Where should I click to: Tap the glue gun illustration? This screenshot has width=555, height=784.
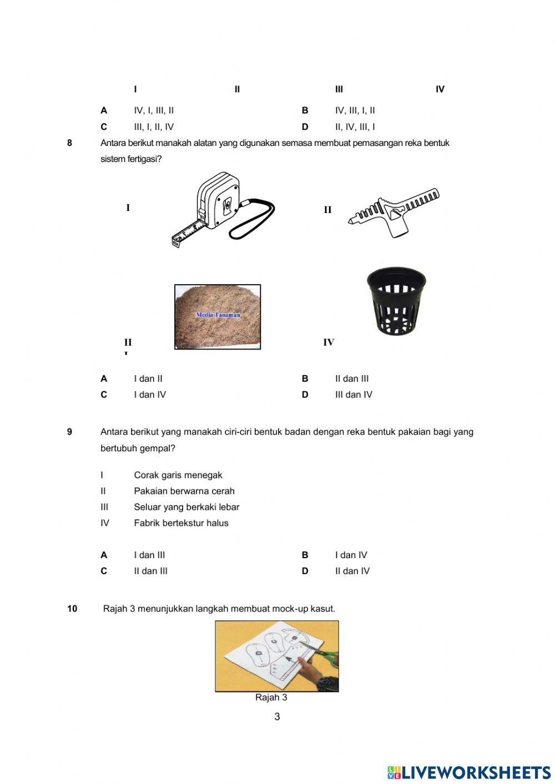point(393,213)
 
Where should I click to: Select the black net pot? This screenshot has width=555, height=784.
point(396,302)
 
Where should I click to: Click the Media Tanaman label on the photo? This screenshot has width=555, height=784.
point(218,315)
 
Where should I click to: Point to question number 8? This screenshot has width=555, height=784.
point(69,143)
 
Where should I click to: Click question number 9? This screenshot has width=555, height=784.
point(69,432)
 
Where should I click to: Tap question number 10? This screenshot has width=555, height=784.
point(72,609)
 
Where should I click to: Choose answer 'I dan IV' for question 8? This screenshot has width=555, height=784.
point(150,395)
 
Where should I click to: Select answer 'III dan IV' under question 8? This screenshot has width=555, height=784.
point(354,395)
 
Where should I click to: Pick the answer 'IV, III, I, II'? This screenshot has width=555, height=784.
point(355,110)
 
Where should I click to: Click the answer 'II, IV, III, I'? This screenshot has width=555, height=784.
point(355,127)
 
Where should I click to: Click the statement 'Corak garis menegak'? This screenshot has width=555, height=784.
point(178,476)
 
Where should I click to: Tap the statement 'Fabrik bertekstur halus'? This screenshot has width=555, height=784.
point(181,523)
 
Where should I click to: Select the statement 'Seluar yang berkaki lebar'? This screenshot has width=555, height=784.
point(186,507)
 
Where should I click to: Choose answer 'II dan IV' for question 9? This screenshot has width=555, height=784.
point(352,571)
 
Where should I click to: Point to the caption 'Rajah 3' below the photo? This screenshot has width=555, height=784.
point(271,698)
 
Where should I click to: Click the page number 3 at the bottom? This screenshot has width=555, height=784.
point(277,717)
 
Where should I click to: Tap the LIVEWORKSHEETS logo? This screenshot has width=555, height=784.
point(469,772)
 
